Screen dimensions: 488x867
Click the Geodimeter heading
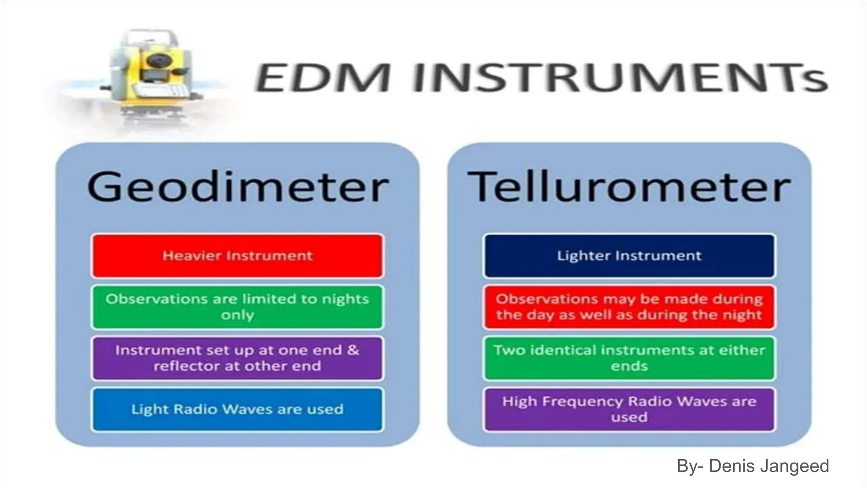pyautogui.click(x=237, y=187)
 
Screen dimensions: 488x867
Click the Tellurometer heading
pyautogui.click(x=629, y=187)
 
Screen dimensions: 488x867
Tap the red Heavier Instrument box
pyautogui.click(x=237, y=256)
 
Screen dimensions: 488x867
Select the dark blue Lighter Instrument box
pyautogui.click(x=629, y=256)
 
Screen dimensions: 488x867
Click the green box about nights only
pyautogui.click(x=237, y=307)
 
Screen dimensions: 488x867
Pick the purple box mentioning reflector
pyautogui.click(x=237, y=358)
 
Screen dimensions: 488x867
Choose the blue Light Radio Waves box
pyautogui.click(x=237, y=410)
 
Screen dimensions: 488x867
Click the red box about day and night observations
pyautogui.click(x=629, y=307)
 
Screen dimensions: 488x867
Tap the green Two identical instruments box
pyautogui.click(x=629, y=358)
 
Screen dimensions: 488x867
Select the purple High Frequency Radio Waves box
pyautogui.click(x=629, y=410)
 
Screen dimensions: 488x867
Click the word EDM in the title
pyautogui.click(x=322, y=78)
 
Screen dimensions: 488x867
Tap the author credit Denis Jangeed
pyautogui.click(x=752, y=466)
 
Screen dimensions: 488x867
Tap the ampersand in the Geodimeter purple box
pyautogui.click(x=353, y=350)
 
